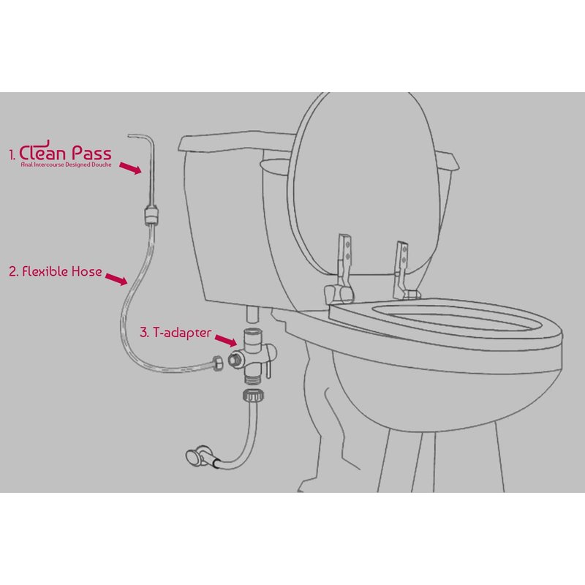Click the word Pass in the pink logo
click(x=91, y=153)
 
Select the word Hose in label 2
click(x=86, y=271)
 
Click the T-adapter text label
click(x=182, y=333)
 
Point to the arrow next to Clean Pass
click(x=130, y=168)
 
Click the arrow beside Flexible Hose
click(x=116, y=279)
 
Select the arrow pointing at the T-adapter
click(x=226, y=340)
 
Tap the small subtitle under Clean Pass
click(x=66, y=165)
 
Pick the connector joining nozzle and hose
click(x=151, y=215)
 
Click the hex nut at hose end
click(x=217, y=363)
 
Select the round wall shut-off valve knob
click(x=193, y=458)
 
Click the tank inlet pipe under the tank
click(x=253, y=315)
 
